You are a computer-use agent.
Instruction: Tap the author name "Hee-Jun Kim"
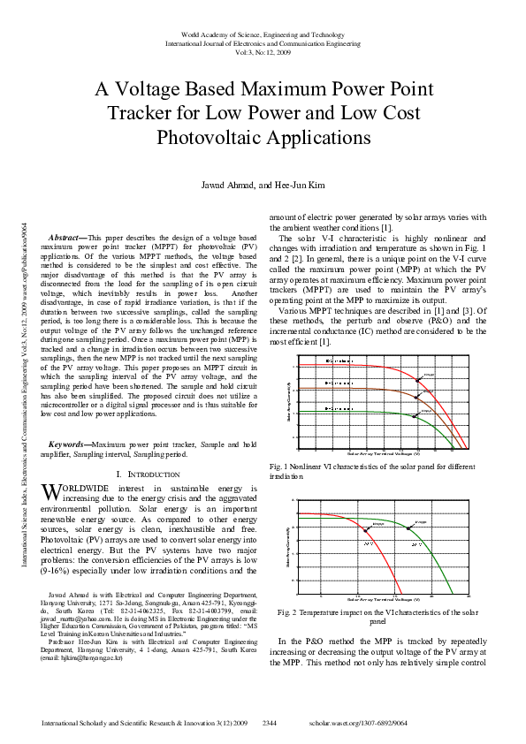tap(302, 186)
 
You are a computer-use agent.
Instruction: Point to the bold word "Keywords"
tap(68, 444)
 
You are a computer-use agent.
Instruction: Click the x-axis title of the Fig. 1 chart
tap(382, 452)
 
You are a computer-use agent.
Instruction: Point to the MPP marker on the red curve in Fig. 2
tap(366, 530)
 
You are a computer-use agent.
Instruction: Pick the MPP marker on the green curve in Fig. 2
tap(408, 528)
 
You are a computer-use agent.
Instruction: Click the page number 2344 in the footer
tap(271, 722)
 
